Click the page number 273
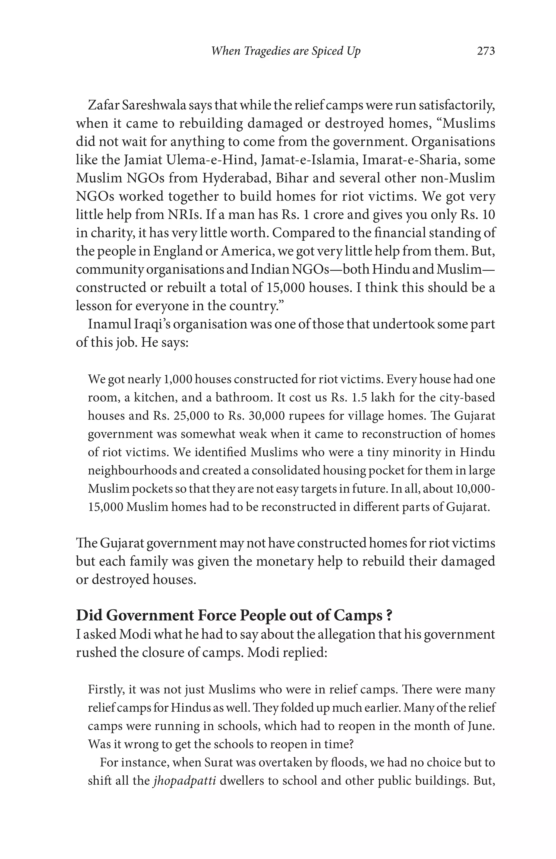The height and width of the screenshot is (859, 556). (486, 51)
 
